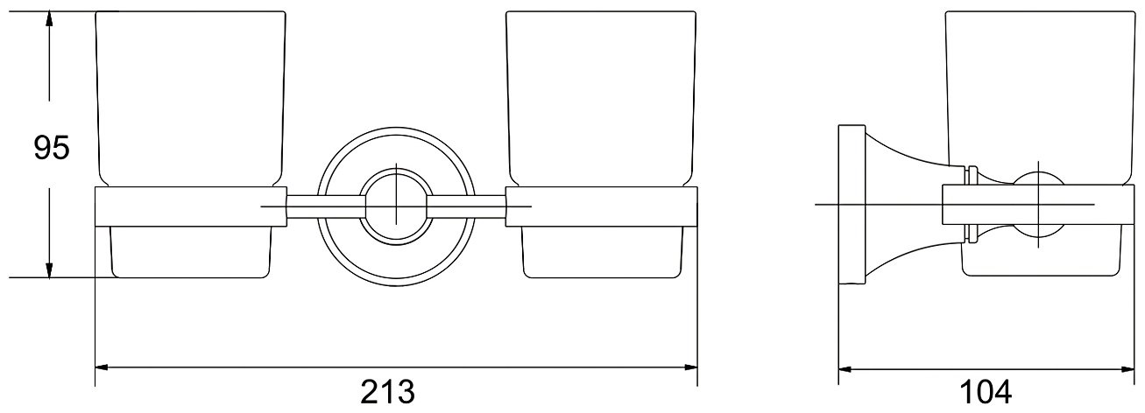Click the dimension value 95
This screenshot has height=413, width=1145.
(51, 148)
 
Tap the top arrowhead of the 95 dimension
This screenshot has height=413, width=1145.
(49, 20)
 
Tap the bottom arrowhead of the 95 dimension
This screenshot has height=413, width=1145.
(49, 269)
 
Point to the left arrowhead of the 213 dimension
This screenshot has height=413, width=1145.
(103, 367)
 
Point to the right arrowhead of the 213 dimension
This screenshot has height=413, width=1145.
(689, 367)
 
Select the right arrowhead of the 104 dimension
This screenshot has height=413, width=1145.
(1127, 369)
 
